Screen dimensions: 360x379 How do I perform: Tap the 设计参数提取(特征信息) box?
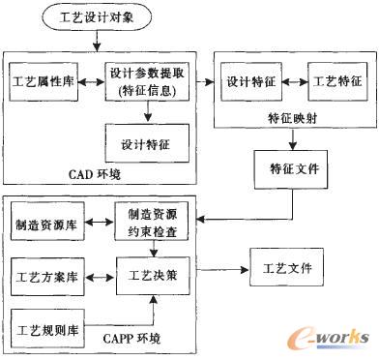pyautogui.click(x=146, y=84)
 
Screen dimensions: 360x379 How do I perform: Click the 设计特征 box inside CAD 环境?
pyautogui.click(x=146, y=141)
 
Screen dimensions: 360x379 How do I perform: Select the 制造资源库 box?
pyautogui.click(x=45, y=225)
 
